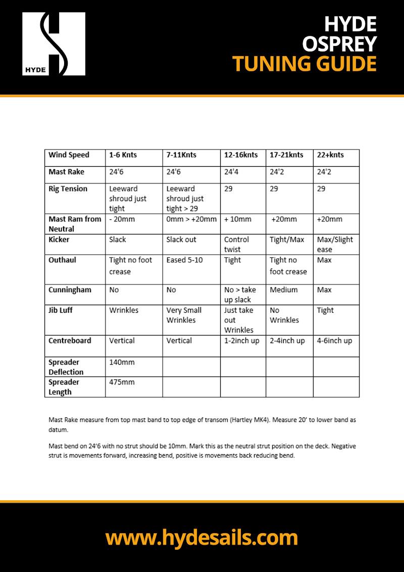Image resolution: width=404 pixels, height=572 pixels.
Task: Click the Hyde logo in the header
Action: click(x=54, y=44)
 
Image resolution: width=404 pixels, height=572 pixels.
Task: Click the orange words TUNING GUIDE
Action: click(x=305, y=64)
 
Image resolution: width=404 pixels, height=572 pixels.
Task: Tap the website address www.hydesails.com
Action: click(x=201, y=537)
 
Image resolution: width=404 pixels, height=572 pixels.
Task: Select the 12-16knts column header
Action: click(x=241, y=155)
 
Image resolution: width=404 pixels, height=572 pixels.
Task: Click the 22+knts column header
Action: click(x=330, y=155)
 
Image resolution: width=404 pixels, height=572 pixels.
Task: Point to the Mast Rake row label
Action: click(x=67, y=172)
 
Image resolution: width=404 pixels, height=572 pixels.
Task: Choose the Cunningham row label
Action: click(x=70, y=290)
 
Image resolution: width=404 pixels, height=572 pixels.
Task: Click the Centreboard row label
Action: click(x=70, y=341)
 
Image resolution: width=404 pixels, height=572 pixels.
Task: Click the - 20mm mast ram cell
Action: click(x=122, y=219)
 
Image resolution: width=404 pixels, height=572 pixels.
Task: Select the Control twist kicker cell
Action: click(x=236, y=244)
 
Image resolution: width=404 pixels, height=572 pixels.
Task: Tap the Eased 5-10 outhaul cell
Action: click(x=184, y=260)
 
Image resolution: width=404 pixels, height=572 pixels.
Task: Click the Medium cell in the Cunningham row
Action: click(x=283, y=290)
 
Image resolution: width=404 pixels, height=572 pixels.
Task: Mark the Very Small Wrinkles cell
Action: click(x=184, y=315)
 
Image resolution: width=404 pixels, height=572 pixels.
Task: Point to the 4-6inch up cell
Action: click(x=334, y=341)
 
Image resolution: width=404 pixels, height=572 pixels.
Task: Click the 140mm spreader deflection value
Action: click(x=122, y=362)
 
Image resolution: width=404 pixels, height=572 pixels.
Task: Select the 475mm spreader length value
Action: click(x=122, y=382)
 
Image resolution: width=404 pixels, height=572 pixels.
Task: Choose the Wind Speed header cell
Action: click(x=69, y=155)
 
